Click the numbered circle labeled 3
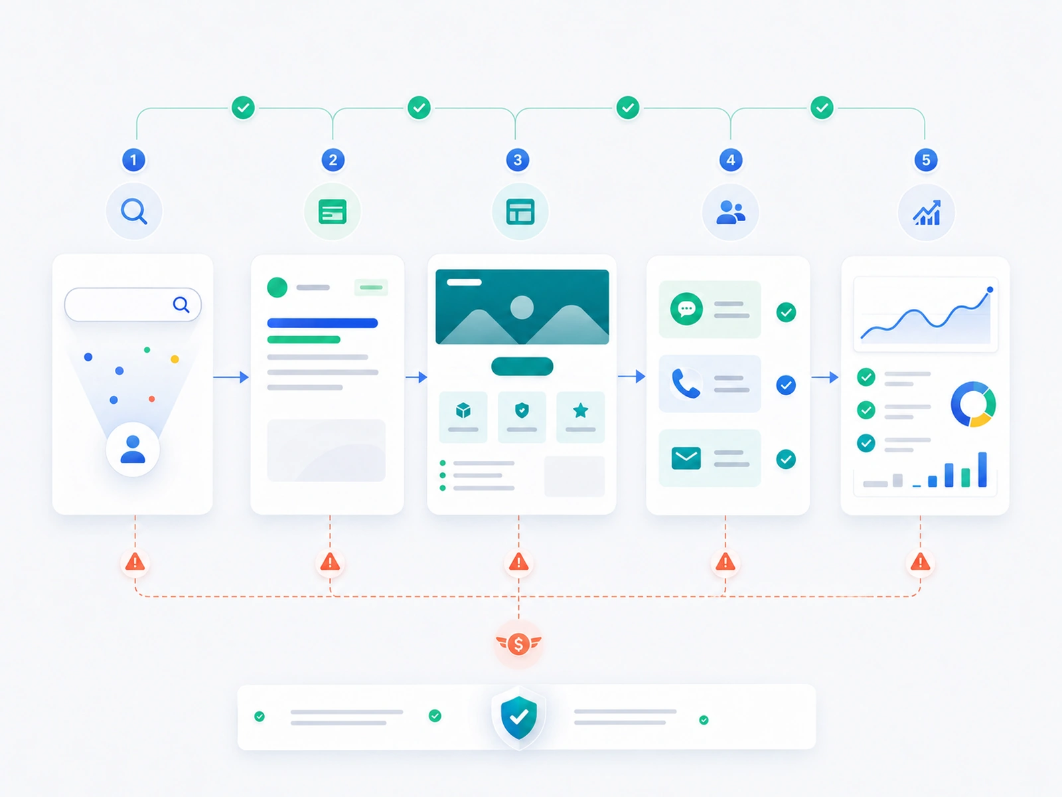pos(517,159)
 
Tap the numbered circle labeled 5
pos(925,159)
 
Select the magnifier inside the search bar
pos(181,304)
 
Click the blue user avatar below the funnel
pos(133,449)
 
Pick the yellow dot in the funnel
pos(175,359)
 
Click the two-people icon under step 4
pos(730,212)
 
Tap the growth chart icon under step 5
pos(927,213)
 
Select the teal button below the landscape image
pos(522,367)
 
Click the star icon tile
pos(580,417)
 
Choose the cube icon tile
pos(463,417)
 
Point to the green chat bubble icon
pos(686,309)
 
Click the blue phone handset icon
pos(686,383)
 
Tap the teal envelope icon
pos(686,458)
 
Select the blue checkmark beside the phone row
pos(786,385)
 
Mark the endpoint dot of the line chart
pos(990,290)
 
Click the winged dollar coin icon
pos(518,644)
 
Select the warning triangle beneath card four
pos(725,563)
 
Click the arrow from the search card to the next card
pos(231,377)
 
